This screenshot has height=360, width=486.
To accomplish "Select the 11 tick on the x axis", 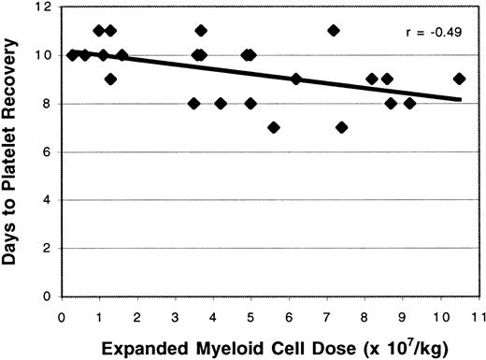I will (x=478, y=315).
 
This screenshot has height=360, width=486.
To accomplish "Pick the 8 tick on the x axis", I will (x=364, y=315).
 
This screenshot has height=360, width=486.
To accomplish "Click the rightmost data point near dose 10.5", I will (x=459, y=79).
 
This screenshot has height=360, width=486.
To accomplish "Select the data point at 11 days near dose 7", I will (x=334, y=31).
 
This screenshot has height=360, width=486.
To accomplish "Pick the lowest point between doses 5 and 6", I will (x=273, y=127).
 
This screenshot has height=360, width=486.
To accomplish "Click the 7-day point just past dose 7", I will (x=341, y=127).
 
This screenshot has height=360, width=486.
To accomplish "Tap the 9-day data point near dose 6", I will (x=296, y=79).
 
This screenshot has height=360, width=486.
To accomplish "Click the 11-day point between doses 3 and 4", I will (x=201, y=31).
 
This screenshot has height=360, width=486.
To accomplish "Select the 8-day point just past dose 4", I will (x=221, y=103).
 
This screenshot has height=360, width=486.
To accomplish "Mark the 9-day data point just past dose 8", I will (x=372, y=79).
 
